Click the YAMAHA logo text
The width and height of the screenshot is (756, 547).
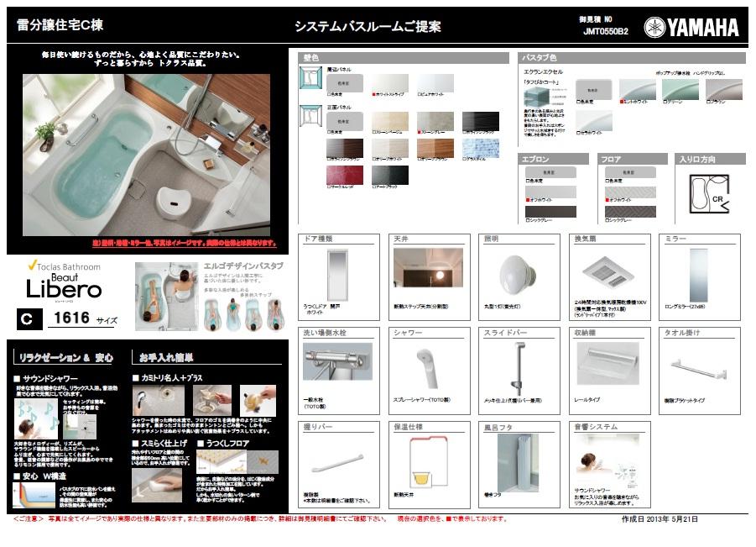(x=702, y=28)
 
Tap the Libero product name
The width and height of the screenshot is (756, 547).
(x=64, y=290)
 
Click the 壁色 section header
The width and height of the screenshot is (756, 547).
(x=311, y=58)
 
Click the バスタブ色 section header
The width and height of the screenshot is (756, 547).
(x=541, y=58)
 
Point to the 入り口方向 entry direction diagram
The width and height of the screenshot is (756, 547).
(x=709, y=194)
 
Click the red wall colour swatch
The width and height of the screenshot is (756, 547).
(x=344, y=176)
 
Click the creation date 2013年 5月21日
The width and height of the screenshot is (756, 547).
(x=660, y=519)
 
